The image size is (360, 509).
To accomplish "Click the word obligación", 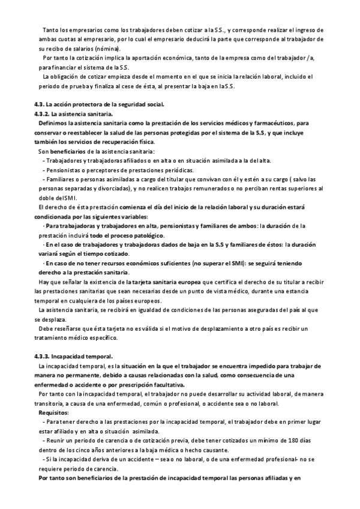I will [x=66, y=77].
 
